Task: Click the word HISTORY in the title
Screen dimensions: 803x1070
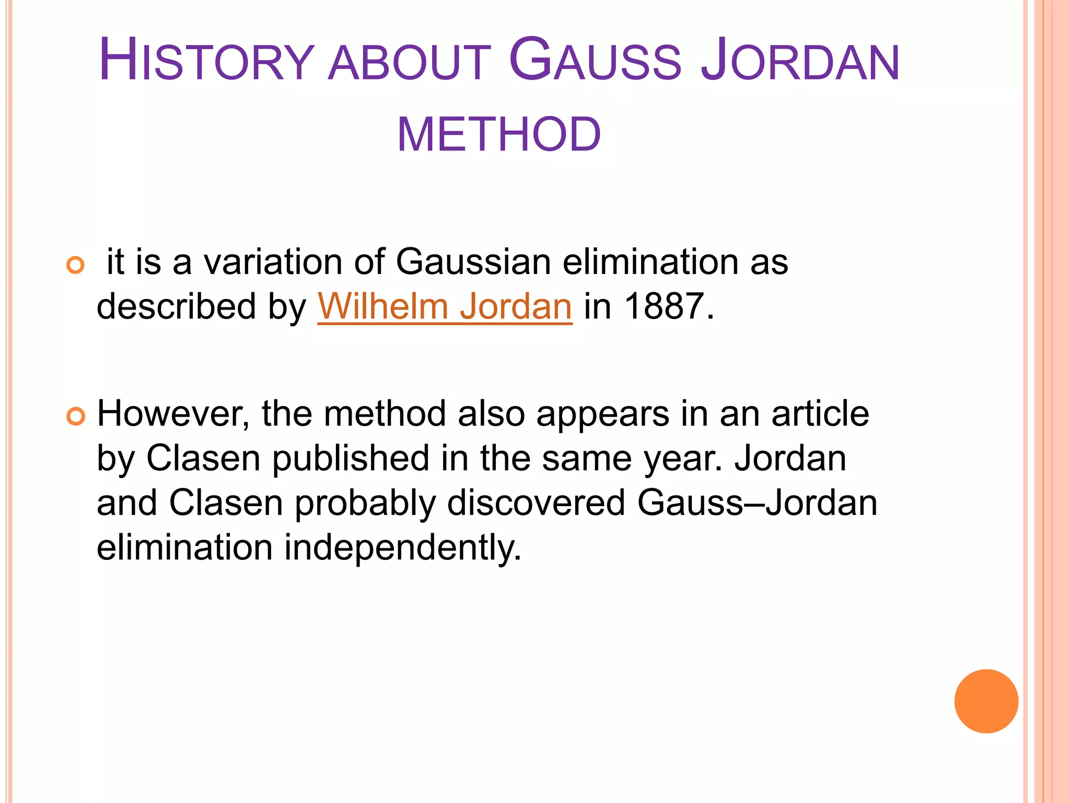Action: click(206, 61)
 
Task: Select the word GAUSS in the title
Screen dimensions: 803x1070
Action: click(595, 61)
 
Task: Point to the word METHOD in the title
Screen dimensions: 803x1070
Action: click(499, 135)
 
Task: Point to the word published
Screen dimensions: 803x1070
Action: click(351, 458)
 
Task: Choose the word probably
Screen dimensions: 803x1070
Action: click(365, 503)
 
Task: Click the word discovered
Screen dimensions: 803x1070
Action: click(536, 503)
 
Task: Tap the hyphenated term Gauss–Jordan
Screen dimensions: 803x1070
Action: click(757, 503)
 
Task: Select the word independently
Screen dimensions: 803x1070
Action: click(403, 548)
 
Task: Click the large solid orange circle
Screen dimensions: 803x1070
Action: click(986, 701)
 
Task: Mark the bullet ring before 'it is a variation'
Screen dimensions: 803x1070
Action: click(76, 266)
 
